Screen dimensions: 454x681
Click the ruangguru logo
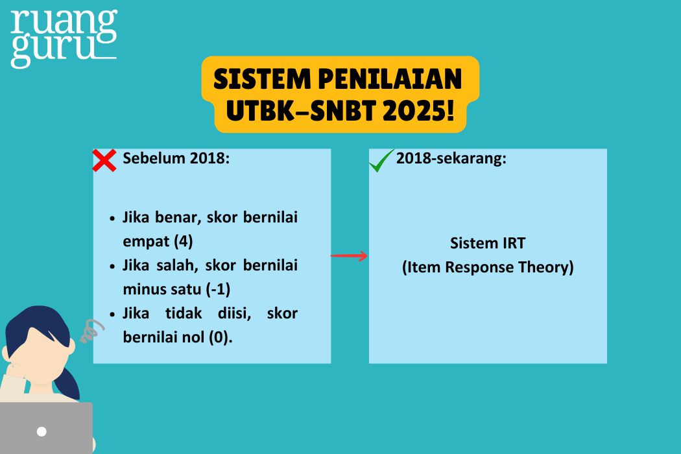pos(64,38)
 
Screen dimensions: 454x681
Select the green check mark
pos(382,161)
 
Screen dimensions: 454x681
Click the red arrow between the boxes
pos(349,256)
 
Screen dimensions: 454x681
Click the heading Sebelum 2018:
pos(176,159)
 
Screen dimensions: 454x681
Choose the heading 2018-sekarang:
pos(451,159)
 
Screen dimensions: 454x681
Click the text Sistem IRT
pos(488,243)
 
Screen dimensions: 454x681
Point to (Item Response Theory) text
pos(488,267)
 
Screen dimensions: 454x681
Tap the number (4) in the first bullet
pos(184,241)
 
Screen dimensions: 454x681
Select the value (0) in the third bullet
pos(220,337)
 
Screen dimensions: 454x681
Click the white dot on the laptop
pos(42,431)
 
